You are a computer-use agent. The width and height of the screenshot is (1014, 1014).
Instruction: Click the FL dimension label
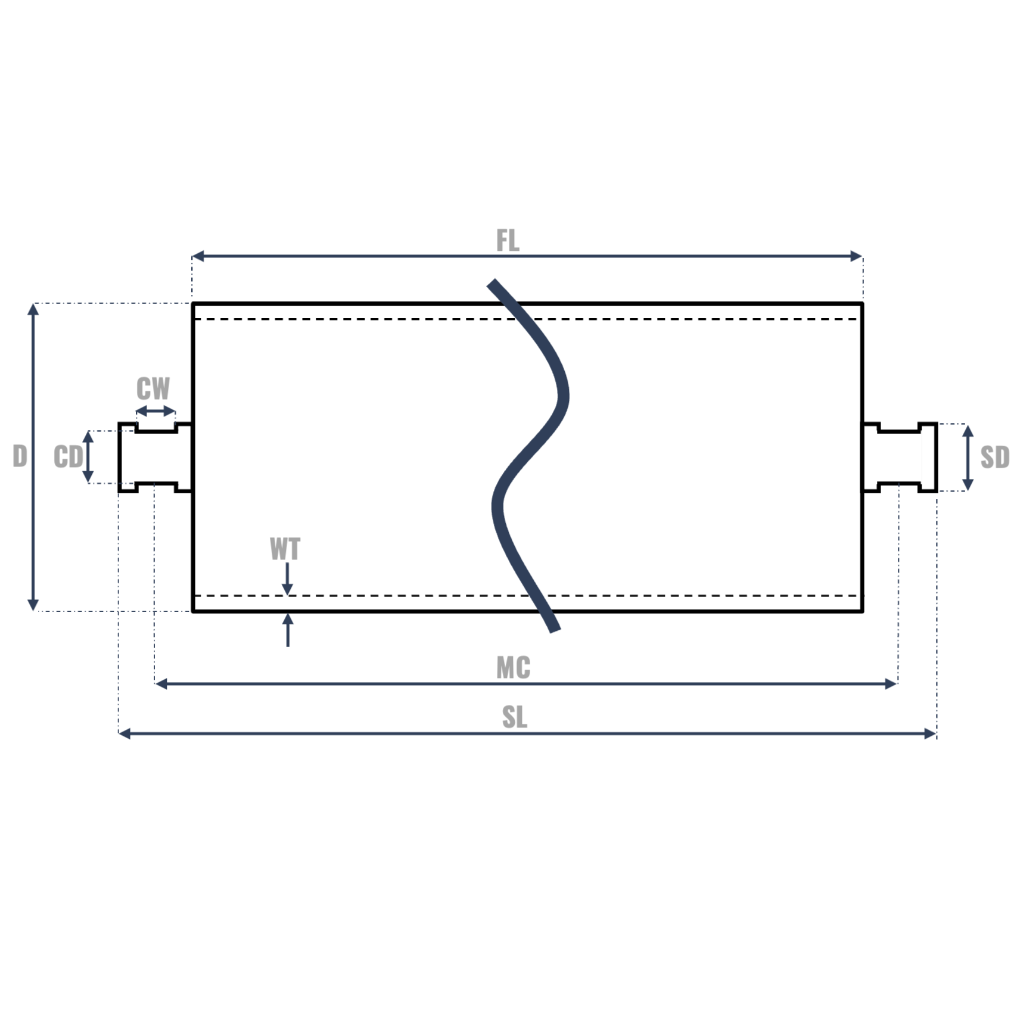[508, 241]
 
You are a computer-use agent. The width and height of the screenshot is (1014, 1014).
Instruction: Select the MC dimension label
[513, 667]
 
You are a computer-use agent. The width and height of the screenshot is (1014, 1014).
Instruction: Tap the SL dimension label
[514, 717]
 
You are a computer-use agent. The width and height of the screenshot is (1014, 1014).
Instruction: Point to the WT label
[285, 549]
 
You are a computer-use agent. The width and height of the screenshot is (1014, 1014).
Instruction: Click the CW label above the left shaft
[153, 388]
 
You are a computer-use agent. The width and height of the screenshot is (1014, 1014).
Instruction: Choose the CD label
[68, 457]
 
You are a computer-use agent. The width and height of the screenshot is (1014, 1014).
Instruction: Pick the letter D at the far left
[20, 456]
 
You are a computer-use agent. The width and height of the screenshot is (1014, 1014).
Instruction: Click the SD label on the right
[994, 457]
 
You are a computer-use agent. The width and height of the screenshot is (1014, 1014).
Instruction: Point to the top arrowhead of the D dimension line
[33, 309]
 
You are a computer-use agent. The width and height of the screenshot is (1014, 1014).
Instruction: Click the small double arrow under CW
[155, 411]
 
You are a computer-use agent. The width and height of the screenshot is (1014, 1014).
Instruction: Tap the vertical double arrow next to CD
[88, 457]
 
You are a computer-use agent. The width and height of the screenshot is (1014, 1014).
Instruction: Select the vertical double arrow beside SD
[968, 458]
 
